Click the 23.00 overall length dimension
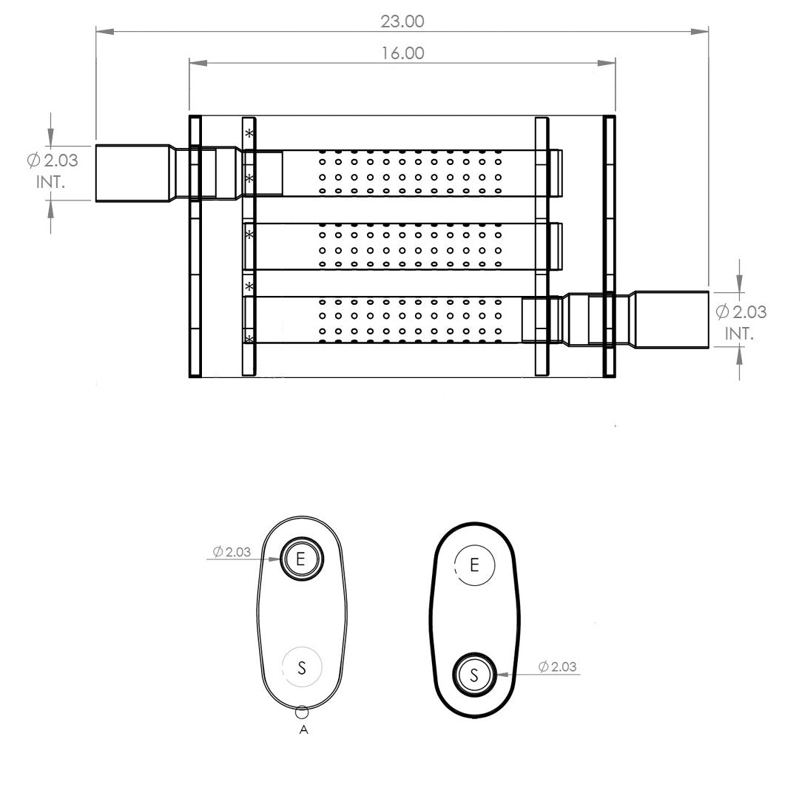coord(402,21)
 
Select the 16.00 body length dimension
coord(402,53)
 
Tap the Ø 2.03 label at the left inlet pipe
coord(53,161)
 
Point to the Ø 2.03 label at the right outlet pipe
coord(741,311)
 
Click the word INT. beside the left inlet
coord(50,182)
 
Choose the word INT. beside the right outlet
coord(739,334)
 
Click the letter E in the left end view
coord(300,559)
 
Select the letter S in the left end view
coord(302,667)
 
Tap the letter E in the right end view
coord(474,565)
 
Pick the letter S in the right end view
coord(474,675)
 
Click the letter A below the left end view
coord(304,729)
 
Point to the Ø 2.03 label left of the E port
coord(232,551)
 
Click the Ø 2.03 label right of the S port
coord(558,666)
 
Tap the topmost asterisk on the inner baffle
coord(249,133)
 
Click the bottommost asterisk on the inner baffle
coord(249,338)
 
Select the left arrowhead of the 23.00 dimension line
coord(104,32)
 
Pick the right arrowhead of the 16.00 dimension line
coord(607,63)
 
